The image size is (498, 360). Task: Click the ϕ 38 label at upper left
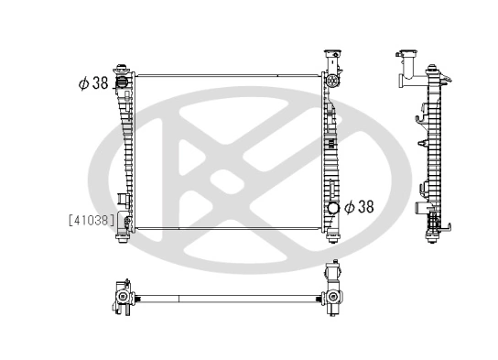tap(93, 82)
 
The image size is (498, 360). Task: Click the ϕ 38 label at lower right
tap(359, 207)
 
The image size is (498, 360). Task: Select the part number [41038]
tap(91, 220)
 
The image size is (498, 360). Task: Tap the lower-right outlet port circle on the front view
tap(333, 208)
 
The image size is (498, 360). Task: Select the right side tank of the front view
tap(330, 147)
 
